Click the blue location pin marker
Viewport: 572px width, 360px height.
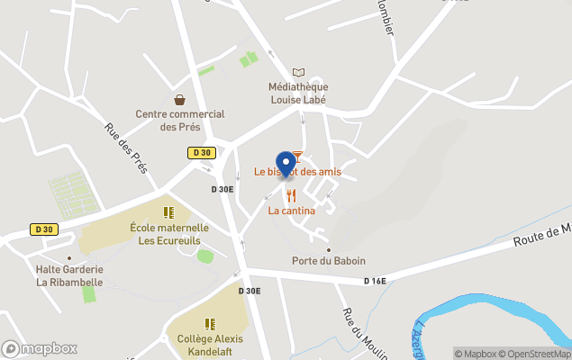[x=286, y=164]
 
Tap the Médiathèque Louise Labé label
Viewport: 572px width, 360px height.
[x=297, y=94]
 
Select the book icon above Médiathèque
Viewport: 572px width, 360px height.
[x=298, y=72]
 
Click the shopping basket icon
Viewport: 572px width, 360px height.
[x=180, y=99]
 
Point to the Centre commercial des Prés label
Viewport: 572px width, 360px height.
[x=180, y=121]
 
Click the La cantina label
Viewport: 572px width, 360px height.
[x=291, y=211]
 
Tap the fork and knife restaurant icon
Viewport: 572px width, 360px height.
[x=291, y=195]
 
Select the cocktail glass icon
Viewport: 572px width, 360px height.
[x=297, y=157]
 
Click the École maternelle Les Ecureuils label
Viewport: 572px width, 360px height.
[x=169, y=234]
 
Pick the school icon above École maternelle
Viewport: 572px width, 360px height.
[x=168, y=212]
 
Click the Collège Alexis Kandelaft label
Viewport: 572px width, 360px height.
[x=210, y=346]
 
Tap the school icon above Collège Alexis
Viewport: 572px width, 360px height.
[x=210, y=323]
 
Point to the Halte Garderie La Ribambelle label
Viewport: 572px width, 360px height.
[x=69, y=275]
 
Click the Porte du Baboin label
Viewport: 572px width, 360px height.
[x=329, y=261]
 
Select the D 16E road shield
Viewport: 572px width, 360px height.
[x=375, y=282]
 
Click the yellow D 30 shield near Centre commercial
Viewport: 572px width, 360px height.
[x=200, y=153]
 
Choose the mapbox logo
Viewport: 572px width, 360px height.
[x=40, y=348]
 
